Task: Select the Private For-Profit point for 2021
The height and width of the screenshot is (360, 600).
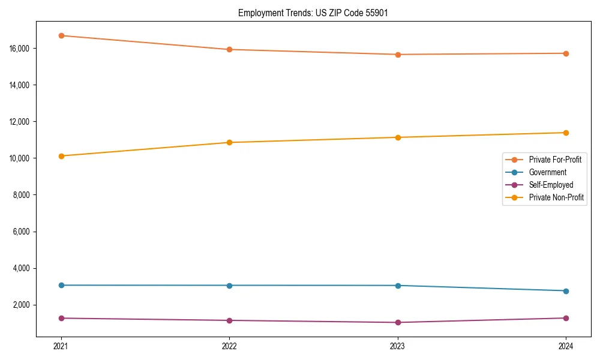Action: pos(61,35)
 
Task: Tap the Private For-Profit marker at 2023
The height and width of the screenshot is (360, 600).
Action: pos(398,55)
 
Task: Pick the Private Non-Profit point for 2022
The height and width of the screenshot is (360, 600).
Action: pos(229,142)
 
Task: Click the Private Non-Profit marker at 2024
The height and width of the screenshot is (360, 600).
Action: pos(566,133)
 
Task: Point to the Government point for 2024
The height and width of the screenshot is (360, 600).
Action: pos(566,291)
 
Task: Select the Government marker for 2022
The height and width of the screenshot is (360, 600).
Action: pos(229,285)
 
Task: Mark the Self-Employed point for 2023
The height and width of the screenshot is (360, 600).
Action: pos(398,322)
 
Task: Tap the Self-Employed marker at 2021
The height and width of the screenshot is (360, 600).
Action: pos(61,318)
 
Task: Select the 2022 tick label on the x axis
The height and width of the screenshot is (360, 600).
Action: pos(229,346)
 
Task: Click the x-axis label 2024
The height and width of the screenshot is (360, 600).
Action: pos(566,346)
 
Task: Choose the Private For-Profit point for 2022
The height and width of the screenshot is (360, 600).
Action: pos(229,49)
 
